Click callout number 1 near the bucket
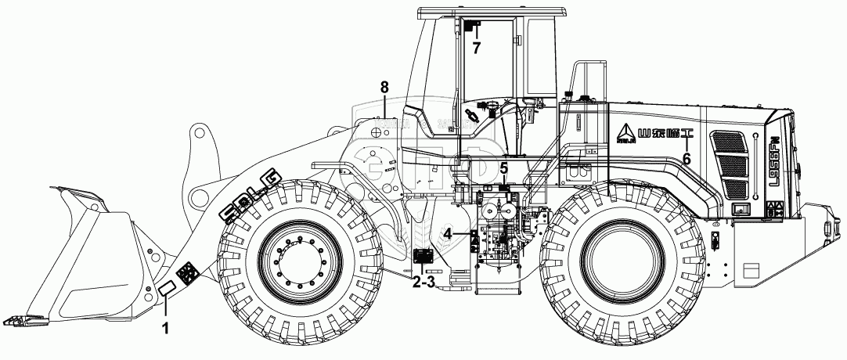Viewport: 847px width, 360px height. click(x=165, y=328)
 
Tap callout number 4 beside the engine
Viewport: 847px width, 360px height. click(x=446, y=232)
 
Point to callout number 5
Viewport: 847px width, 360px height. click(x=504, y=167)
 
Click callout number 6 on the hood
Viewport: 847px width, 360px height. click(x=686, y=157)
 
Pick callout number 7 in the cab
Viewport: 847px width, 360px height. click(x=475, y=46)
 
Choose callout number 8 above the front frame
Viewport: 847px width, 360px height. click(x=384, y=87)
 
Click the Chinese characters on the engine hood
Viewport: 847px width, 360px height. click(x=661, y=133)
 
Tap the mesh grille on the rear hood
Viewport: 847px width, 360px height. click(x=728, y=165)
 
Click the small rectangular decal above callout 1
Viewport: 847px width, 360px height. click(x=168, y=290)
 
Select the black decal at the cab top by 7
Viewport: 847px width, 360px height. click(x=472, y=27)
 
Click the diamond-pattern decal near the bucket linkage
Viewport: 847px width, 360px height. click(x=187, y=274)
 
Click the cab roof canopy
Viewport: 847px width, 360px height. click(x=486, y=13)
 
